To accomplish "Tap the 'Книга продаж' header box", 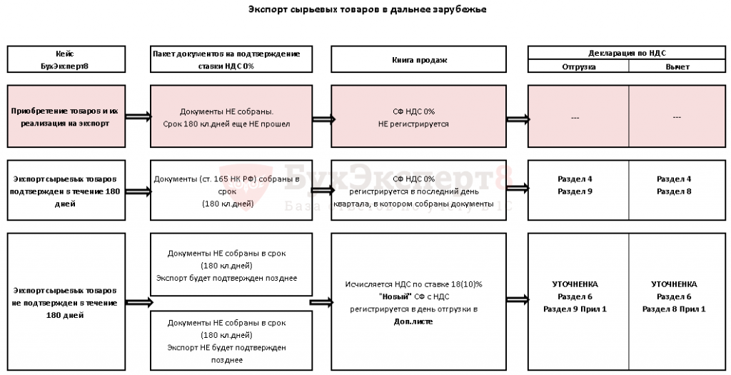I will pos(420,60).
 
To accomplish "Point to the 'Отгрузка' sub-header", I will pos(578,66).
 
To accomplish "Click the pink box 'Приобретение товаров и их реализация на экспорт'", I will pos(64,117).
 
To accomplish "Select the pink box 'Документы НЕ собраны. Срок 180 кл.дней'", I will pos(231,117).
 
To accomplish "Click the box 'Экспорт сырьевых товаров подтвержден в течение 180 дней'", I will pos(64,189).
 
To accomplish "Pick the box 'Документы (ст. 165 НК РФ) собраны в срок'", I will pos(231,189).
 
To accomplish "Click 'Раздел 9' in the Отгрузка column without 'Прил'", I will pos(575,191).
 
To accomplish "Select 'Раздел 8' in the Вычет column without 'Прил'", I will pos(674,191).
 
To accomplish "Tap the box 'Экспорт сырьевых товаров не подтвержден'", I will pos(64,302).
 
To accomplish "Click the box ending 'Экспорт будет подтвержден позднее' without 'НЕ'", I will pos(231,265).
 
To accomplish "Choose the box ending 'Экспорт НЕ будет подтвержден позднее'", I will pos(231,341).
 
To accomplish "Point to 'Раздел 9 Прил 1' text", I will pos(575,309).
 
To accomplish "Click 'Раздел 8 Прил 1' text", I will pos(674,309).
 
